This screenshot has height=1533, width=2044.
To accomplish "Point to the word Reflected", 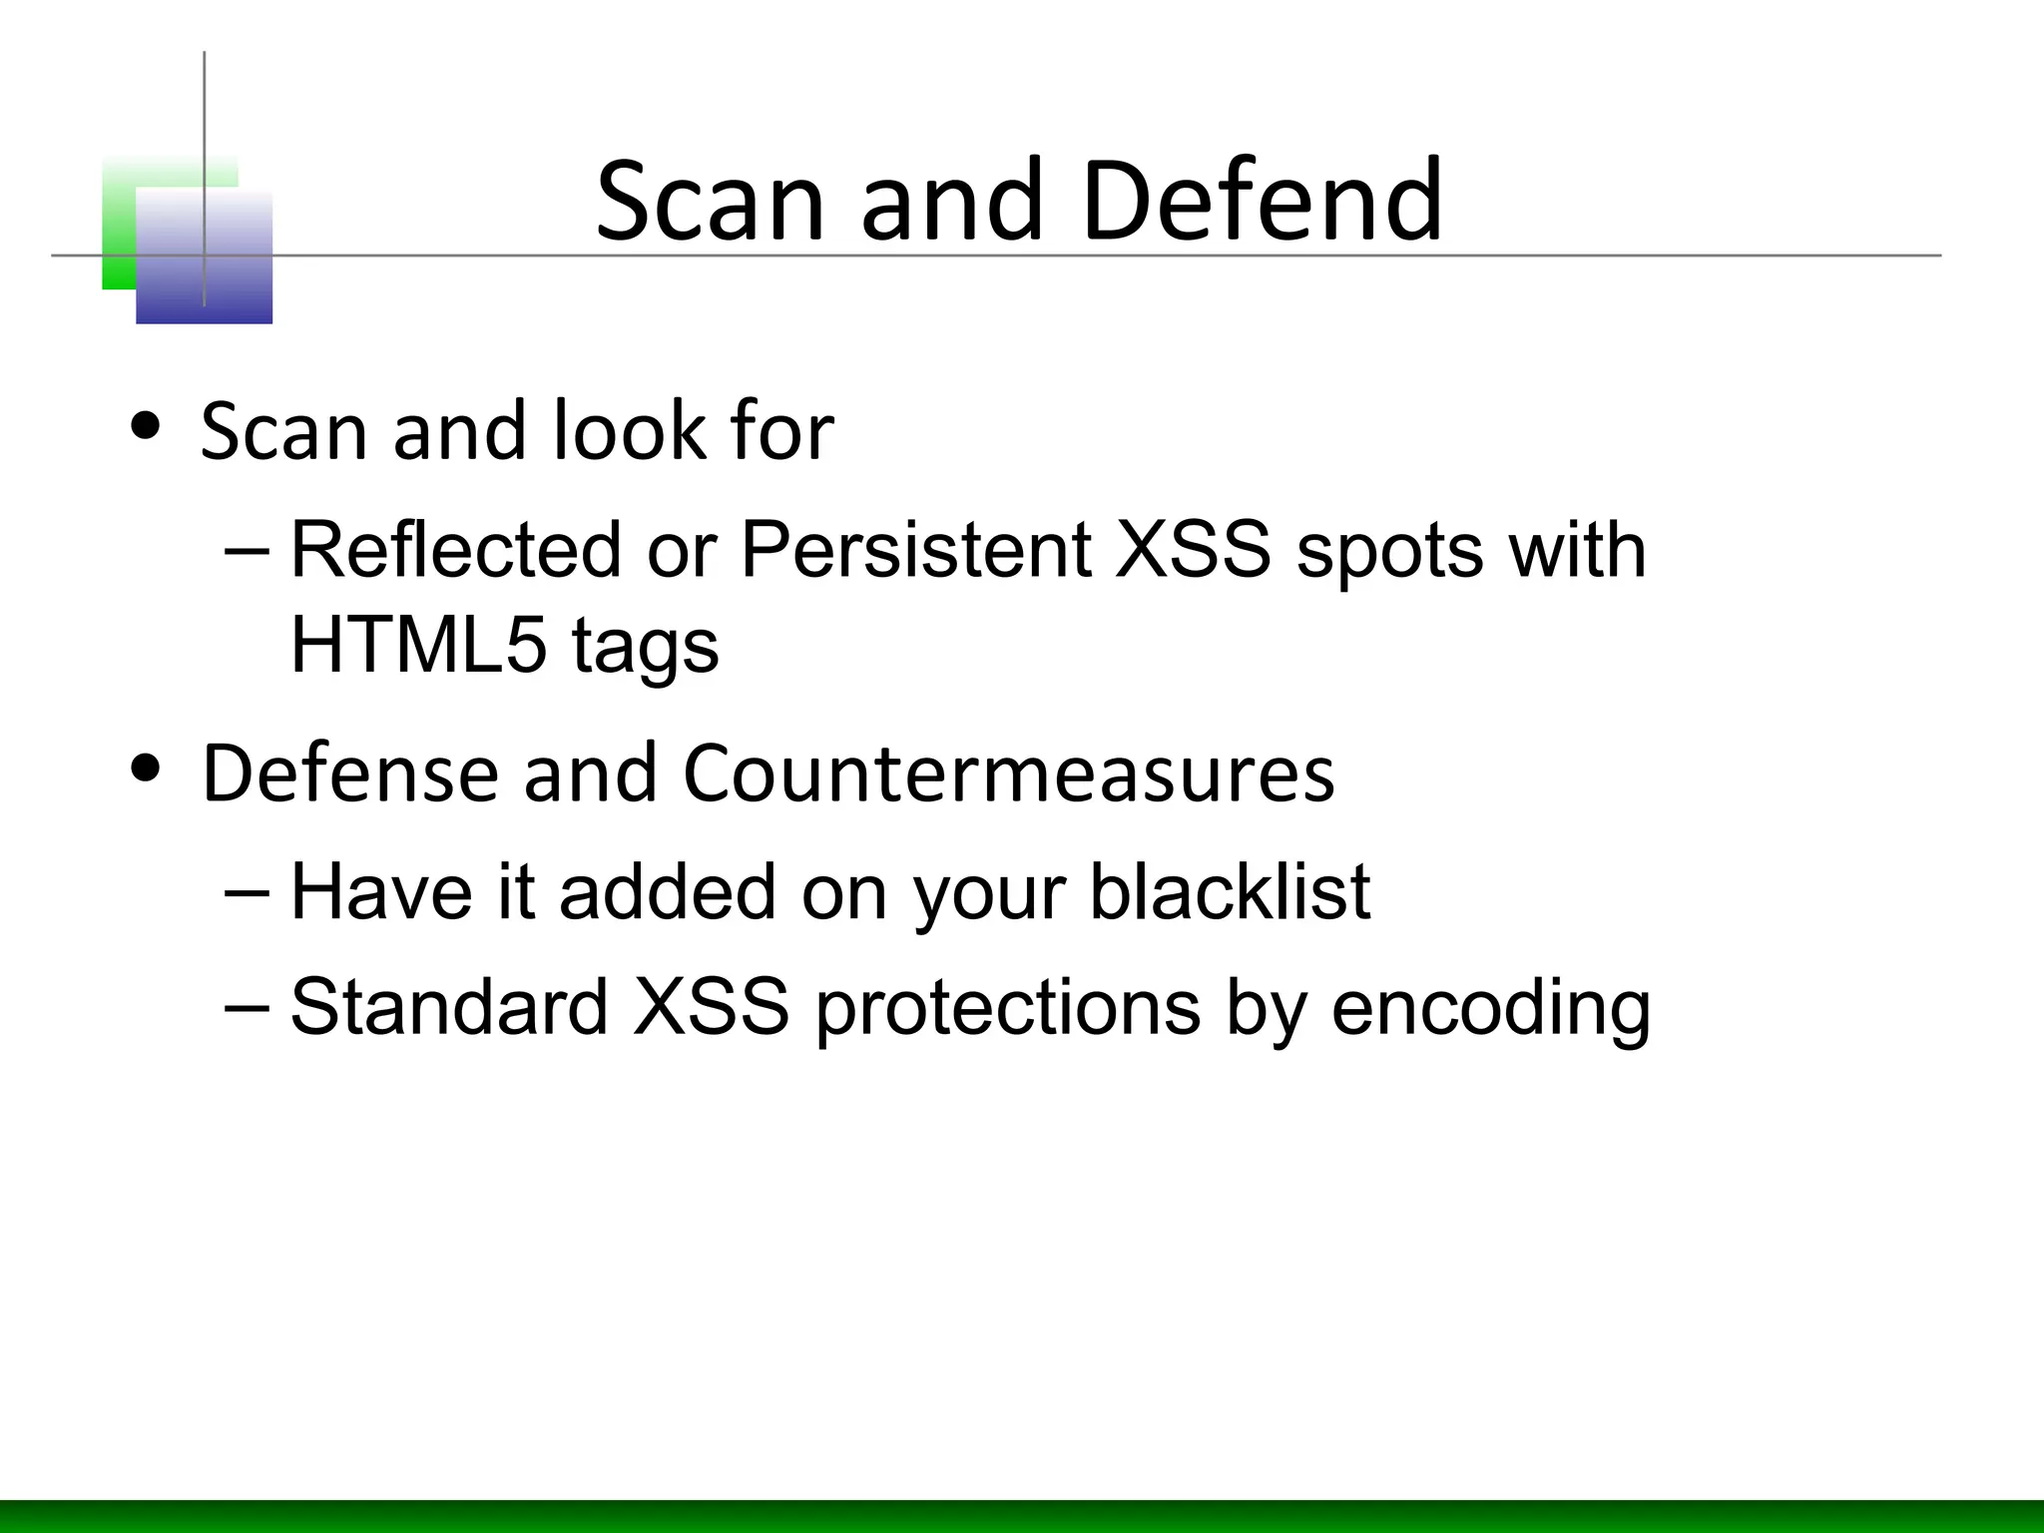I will click(x=455, y=550).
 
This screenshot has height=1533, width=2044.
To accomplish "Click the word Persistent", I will click(x=915, y=550).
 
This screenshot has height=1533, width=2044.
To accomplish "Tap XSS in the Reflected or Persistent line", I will click(x=1193, y=550).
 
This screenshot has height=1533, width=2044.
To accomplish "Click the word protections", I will click(x=1007, y=1008).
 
